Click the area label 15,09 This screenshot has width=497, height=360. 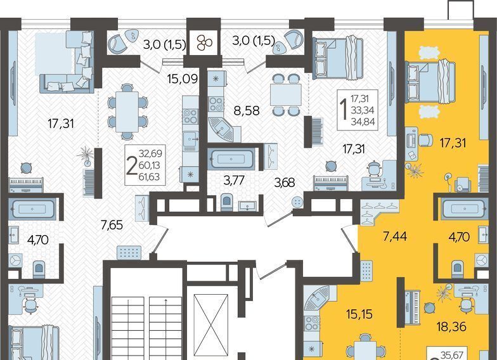coord(183,79)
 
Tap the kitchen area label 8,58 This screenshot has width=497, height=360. coord(247,110)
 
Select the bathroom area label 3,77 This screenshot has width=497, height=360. coord(234,180)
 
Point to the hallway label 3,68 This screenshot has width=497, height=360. coord(284,183)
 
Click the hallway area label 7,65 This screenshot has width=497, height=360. coord(112,225)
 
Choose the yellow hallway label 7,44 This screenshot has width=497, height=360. coord(395,236)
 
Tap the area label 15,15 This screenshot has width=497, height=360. coord(359,314)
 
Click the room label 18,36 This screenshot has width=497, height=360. coord(451,327)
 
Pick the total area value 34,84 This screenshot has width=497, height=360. coord(363,122)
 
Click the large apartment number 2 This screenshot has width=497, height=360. coord(131,167)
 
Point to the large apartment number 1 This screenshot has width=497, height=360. coord(343,110)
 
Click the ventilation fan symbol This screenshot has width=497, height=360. coord(204,43)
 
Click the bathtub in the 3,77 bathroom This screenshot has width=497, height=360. coord(232,158)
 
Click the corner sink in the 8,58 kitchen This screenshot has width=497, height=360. coord(222,129)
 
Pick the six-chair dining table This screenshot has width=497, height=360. coord(127,112)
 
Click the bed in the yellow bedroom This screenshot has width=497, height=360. coord(430,82)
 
